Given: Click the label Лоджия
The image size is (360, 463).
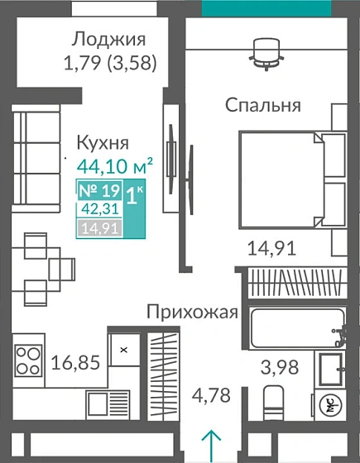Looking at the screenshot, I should coord(108,39).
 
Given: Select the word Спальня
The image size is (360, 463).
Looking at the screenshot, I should coord(263,105).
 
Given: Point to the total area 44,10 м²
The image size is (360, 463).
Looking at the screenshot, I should coord(114,165).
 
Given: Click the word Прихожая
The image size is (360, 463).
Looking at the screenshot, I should coord(193,313).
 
